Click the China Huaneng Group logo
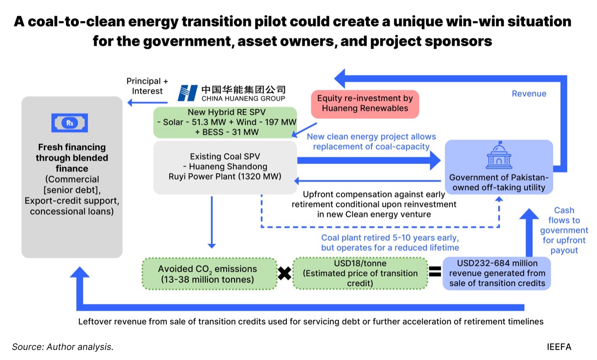pyautogui.click(x=232, y=93)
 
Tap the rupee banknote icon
pyautogui.click(x=69, y=123)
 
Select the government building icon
pyautogui.click(x=499, y=156)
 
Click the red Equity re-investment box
pyautogui.click(x=365, y=104)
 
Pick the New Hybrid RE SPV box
pyautogui.click(x=225, y=123)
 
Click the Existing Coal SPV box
pyautogui.click(x=225, y=166)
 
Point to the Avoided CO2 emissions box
pyautogui.click(x=209, y=274)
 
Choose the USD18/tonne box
pyautogui.click(x=360, y=273)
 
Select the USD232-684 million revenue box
pyautogui.click(x=497, y=273)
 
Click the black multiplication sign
pyautogui.click(x=284, y=273)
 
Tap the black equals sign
pyautogui.click(x=434, y=271)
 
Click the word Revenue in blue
pyautogui.click(x=529, y=94)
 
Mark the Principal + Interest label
pyautogui.click(x=147, y=86)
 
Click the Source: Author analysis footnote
pyautogui.click(x=63, y=347)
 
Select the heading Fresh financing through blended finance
pyautogui.click(x=72, y=158)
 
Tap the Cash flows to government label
pyautogui.click(x=564, y=231)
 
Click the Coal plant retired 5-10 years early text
pyautogui.click(x=390, y=243)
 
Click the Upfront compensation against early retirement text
pyautogui.click(x=374, y=204)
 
